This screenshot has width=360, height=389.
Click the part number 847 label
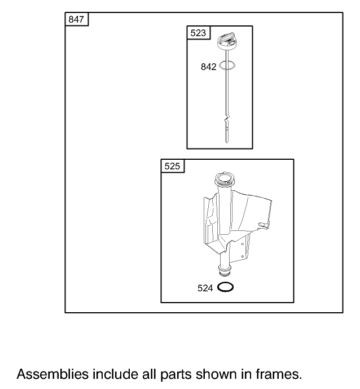click(x=76, y=19)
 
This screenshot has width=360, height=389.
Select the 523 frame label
click(x=198, y=33)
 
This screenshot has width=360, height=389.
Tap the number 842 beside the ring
click(x=209, y=67)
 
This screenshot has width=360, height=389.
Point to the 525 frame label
click(x=172, y=166)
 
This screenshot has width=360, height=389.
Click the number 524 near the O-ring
click(x=205, y=288)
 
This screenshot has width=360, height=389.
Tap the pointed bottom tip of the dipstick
click(x=227, y=142)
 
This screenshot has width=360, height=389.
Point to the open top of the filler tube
click(x=224, y=178)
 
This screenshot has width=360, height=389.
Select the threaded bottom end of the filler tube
click(x=225, y=270)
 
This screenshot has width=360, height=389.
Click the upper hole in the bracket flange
click(x=242, y=244)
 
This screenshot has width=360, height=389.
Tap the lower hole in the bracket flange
click(x=242, y=256)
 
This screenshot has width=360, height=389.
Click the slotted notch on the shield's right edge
click(x=264, y=225)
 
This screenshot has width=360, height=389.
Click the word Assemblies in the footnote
click(x=52, y=374)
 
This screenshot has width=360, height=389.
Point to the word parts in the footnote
click(x=176, y=375)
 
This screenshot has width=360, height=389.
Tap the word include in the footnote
click(x=115, y=374)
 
